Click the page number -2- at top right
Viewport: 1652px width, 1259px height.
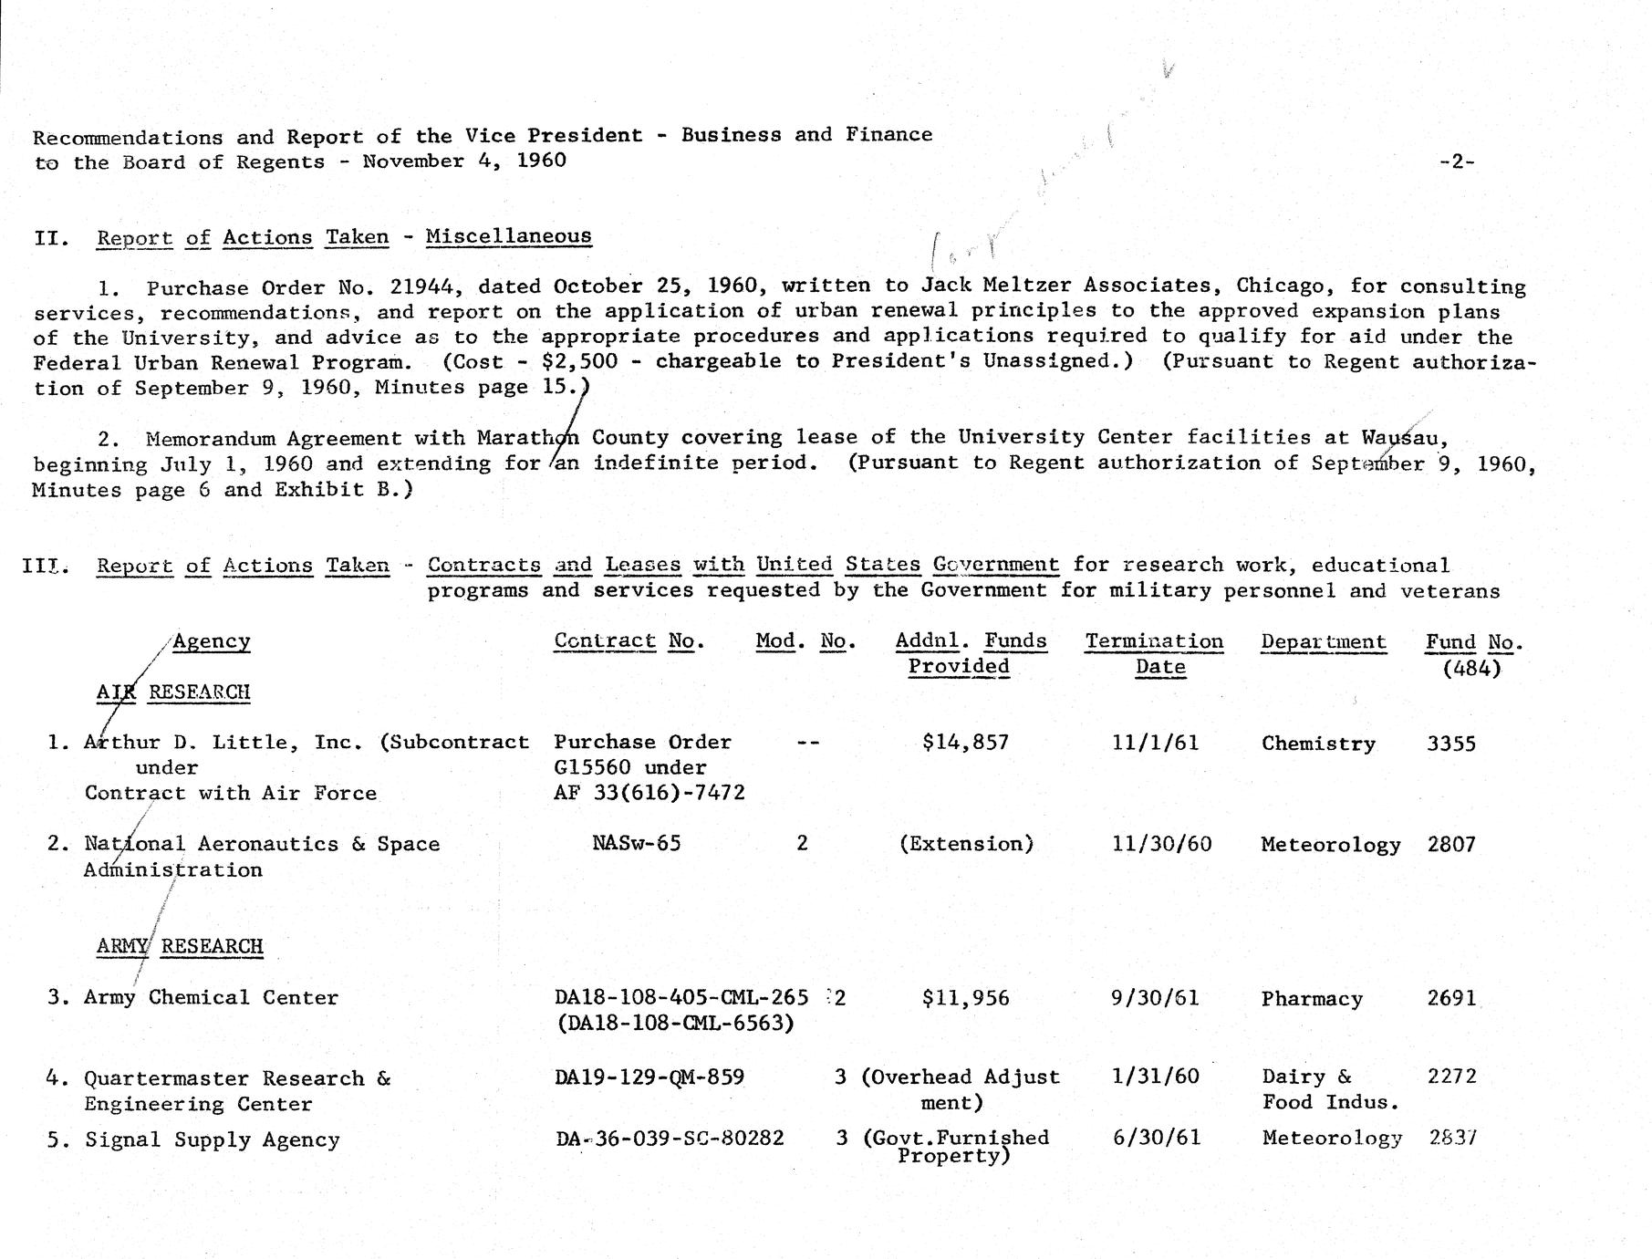1456,161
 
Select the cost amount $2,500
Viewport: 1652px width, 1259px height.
579,361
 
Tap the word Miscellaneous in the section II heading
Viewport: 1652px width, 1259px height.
508,236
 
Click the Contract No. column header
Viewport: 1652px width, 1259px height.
629,641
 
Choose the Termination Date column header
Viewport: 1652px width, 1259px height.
1154,653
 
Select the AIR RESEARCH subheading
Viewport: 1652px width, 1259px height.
173,692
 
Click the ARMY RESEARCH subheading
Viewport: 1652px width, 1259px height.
180,946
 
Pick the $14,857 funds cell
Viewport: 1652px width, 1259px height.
965,742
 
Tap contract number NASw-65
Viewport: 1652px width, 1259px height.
636,843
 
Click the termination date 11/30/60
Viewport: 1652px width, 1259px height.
1161,844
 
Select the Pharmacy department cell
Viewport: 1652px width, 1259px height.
1312,999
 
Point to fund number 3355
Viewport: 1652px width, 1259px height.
1450,743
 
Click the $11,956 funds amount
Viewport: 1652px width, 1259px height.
965,998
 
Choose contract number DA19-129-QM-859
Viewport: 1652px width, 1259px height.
649,1077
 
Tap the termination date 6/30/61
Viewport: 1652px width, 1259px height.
1157,1138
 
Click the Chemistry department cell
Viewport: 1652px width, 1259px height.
1318,744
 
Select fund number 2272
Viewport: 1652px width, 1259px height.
1451,1077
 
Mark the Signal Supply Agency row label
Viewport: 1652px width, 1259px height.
212,1139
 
